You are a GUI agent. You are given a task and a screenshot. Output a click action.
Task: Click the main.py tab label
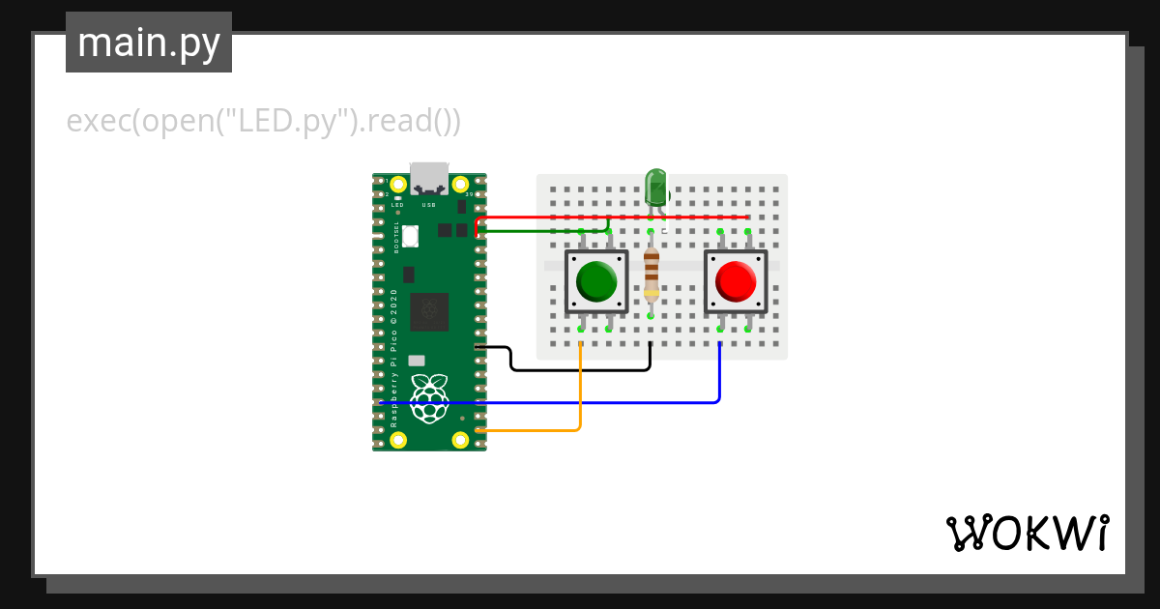[149, 43]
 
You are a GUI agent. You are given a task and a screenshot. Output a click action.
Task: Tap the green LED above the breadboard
[656, 186]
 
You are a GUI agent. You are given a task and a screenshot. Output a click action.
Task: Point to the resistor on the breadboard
[652, 275]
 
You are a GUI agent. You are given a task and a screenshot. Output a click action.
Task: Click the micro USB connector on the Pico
[429, 178]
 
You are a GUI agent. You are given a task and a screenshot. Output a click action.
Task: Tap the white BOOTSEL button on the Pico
[410, 235]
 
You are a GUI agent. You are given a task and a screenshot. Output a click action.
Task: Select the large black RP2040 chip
[429, 311]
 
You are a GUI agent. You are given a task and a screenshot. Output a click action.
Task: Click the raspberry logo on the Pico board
[429, 397]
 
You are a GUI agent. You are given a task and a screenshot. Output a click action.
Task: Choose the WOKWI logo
[1027, 533]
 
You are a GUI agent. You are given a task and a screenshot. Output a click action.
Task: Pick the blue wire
[580, 401]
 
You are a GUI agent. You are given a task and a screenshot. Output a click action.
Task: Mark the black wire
[580, 369]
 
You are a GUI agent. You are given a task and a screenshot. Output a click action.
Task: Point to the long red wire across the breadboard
[619, 217]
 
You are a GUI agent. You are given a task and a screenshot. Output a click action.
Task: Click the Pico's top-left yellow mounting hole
[397, 184]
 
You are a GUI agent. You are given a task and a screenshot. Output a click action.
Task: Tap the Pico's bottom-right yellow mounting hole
[461, 440]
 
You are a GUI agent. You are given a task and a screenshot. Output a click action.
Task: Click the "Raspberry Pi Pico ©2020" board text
[394, 358]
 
